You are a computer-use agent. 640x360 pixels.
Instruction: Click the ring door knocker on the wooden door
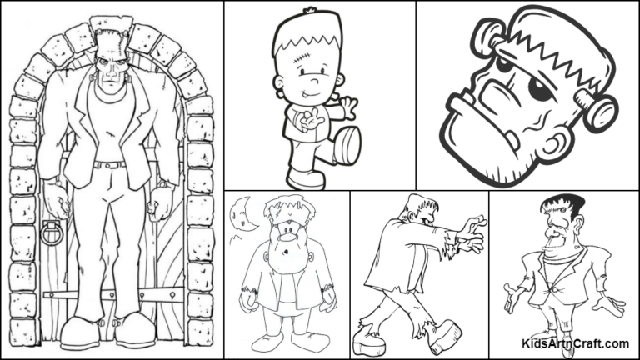[51, 232]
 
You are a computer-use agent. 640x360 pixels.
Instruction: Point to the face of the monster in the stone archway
[109, 72]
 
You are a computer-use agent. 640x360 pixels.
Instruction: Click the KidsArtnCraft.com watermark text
[575, 342]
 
